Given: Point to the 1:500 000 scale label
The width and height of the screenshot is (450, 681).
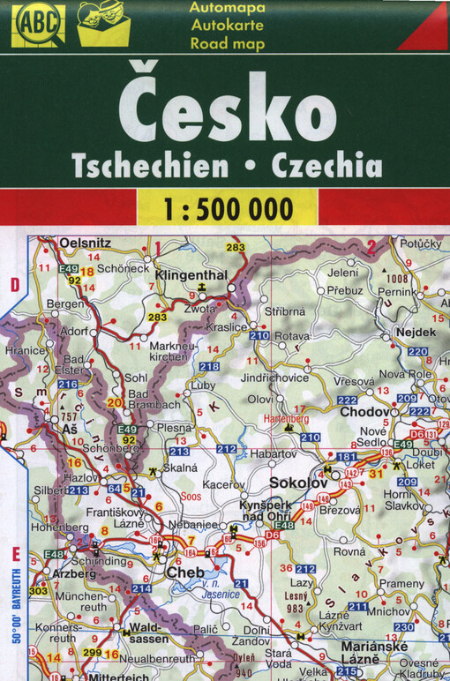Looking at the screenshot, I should click(x=226, y=209).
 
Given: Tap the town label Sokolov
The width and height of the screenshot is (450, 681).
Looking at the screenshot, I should click(x=297, y=483).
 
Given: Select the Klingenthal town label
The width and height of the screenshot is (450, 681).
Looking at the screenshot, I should click(x=191, y=275).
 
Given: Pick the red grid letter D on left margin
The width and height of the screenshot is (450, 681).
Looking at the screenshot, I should click(x=14, y=284).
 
